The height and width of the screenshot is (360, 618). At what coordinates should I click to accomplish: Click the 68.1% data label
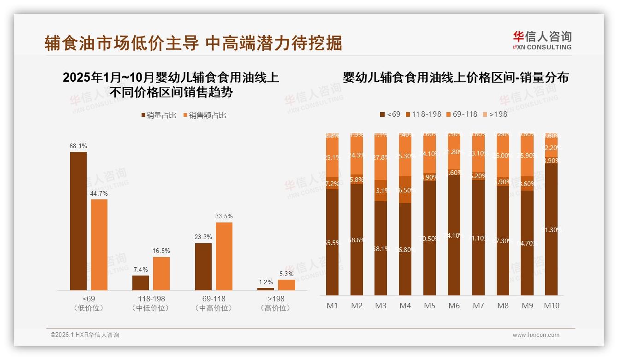(78, 146)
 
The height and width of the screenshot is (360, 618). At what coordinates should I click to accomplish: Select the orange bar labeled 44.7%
(99, 245)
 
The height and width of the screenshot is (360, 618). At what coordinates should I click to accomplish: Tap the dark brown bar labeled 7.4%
(141, 282)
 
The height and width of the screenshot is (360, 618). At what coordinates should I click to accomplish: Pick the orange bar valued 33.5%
(224, 256)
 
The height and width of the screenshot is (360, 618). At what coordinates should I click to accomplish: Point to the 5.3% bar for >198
(286, 285)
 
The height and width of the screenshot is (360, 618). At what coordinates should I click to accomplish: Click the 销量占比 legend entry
(159, 115)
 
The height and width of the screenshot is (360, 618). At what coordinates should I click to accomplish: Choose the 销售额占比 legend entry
(205, 115)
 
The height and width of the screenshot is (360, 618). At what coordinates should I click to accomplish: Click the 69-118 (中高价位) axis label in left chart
(214, 303)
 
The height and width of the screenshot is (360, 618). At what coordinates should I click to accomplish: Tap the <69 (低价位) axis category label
(89, 303)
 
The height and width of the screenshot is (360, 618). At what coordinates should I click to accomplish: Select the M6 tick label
(454, 306)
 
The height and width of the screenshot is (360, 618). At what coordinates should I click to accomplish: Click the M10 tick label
(551, 306)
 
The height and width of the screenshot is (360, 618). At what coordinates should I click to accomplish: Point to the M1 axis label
(332, 306)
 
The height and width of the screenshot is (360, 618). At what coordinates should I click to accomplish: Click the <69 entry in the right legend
(390, 114)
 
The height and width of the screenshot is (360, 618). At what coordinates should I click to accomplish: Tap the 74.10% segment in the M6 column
(454, 235)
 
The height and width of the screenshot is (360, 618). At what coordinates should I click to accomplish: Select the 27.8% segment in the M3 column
(380, 157)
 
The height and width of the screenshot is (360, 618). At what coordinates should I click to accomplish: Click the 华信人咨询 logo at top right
(542, 40)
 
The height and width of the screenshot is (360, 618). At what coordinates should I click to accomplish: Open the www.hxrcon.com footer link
(536, 335)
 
